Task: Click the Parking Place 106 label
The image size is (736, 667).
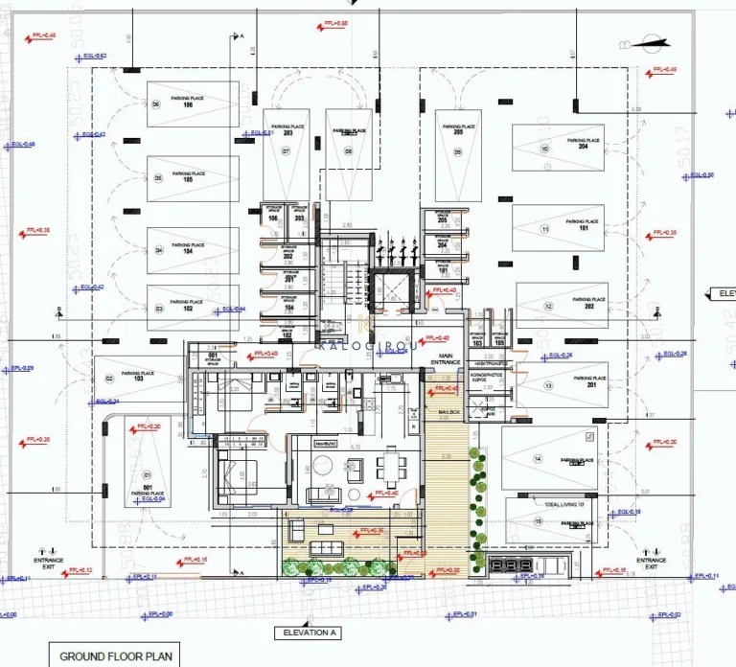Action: [x=182, y=101]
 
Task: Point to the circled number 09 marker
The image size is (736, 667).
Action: [x=458, y=152]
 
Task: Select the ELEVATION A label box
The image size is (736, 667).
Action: [x=307, y=633]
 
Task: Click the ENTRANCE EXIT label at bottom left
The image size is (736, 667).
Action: [x=48, y=563]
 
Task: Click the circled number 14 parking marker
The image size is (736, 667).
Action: [x=539, y=461]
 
